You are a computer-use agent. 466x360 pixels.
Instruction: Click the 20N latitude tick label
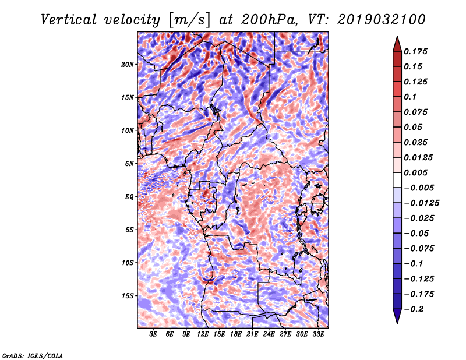pyautogui.click(x=128, y=65)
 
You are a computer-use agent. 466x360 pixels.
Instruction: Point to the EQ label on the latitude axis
pyautogui.click(x=129, y=197)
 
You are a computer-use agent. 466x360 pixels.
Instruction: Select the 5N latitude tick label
pyautogui.click(x=129, y=164)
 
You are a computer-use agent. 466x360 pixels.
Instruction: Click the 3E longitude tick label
pyautogui.click(x=153, y=334)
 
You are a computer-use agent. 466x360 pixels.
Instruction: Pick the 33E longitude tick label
pyautogui.click(x=318, y=334)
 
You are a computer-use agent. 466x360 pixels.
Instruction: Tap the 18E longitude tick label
pyautogui.click(x=236, y=334)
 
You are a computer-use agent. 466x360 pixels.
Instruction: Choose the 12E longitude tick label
pyautogui.click(x=203, y=334)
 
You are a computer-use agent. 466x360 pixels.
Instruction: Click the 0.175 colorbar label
pyautogui.click(x=415, y=51)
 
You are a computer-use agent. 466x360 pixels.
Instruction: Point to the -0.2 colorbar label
pyautogui.click(x=414, y=309)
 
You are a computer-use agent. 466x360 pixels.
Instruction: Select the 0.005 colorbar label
pyautogui.click(x=415, y=172)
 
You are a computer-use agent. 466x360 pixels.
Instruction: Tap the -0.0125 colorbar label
pyautogui.click(x=421, y=203)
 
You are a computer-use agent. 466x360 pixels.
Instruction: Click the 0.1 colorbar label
pyautogui.click(x=410, y=97)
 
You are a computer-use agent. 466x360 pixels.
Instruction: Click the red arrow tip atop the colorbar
pyautogui.click(x=397, y=36)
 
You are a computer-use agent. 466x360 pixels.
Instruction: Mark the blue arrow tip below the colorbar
pyautogui.click(x=397, y=323)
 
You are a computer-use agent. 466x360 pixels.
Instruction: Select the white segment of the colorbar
pyautogui.click(x=397, y=180)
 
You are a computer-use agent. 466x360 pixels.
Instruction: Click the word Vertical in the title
pyautogui.click(x=69, y=20)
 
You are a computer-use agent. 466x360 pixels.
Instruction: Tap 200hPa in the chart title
pyautogui.click(x=269, y=20)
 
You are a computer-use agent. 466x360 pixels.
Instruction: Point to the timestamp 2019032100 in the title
pyautogui.click(x=382, y=20)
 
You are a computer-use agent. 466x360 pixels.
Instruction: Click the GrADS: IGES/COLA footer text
pyautogui.click(x=33, y=355)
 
